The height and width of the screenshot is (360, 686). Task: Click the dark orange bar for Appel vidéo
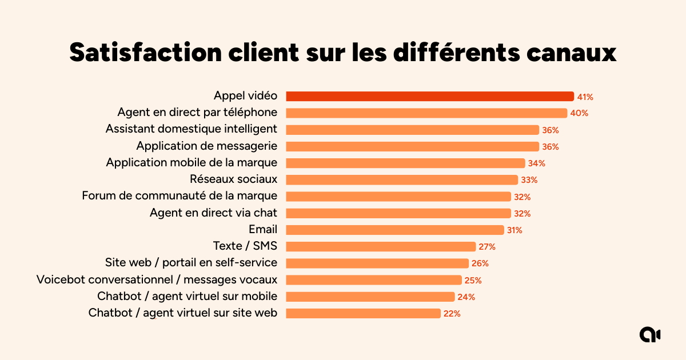tap(429, 97)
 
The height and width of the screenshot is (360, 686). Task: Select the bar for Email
tap(394, 230)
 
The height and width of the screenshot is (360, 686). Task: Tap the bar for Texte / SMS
tap(380, 246)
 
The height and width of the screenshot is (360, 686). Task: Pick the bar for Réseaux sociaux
tap(402, 179)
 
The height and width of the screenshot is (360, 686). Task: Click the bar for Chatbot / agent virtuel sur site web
tap(363, 313)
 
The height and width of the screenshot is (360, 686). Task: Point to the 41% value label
tap(585, 97)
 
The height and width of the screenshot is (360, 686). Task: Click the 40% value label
tap(579, 113)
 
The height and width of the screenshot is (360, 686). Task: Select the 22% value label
tap(452, 313)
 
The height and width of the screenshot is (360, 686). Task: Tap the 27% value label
tap(487, 247)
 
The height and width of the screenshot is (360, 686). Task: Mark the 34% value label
tap(537, 163)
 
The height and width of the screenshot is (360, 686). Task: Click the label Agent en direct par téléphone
tap(197, 112)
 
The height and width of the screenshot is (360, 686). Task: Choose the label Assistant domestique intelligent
tap(191, 129)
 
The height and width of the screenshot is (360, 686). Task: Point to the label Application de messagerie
tap(206, 146)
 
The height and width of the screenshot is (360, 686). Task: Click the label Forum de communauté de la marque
tap(180, 196)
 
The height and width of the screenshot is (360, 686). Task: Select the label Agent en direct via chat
tap(213, 213)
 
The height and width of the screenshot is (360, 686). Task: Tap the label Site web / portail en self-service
tap(191, 263)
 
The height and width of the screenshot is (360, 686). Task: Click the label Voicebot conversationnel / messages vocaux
tap(157, 279)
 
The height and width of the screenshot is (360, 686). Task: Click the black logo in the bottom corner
tap(649, 335)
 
